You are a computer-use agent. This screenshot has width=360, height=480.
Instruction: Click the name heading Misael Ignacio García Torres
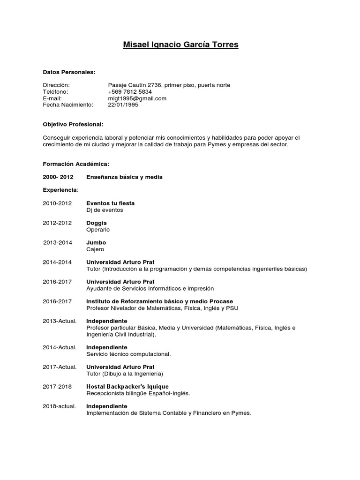pyautogui.click(x=180, y=45)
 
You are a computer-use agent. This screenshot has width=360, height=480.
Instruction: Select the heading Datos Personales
pyautogui.click(x=69, y=72)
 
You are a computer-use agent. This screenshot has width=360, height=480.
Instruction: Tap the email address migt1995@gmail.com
pyautogui.click(x=137, y=98)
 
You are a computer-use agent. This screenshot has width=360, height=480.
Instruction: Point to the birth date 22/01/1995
pyautogui.click(x=123, y=105)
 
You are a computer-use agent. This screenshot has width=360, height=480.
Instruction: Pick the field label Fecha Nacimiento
pyautogui.click(x=68, y=105)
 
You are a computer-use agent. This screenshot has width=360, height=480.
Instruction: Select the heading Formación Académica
pyautogui.click(x=76, y=164)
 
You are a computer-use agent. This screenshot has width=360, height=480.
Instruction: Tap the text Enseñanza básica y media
pyautogui.click(x=124, y=177)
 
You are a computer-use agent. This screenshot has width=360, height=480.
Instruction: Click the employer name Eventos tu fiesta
pyautogui.click(x=110, y=203)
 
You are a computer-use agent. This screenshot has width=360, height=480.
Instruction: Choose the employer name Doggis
pyautogui.click(x=97, y=223)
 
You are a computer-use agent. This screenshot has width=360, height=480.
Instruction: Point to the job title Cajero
pyautogui.click(x=95, y=249)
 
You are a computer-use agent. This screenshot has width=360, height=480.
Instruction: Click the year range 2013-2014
pyautogui.click(x=58, y=243)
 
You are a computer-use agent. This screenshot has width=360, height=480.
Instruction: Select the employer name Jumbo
pyautogui.click(x=96, y=243)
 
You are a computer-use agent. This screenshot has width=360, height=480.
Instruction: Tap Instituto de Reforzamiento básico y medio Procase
pyautogui.click(x=159, y=301)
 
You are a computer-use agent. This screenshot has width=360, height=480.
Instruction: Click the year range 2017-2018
pyautogui.click(x=57, y=386)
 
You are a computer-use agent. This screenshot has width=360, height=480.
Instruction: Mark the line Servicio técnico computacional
pyautogui.click(x=128, y=354)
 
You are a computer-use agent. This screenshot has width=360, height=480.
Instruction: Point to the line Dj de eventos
pyautogui.click(x=105, y=210)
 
